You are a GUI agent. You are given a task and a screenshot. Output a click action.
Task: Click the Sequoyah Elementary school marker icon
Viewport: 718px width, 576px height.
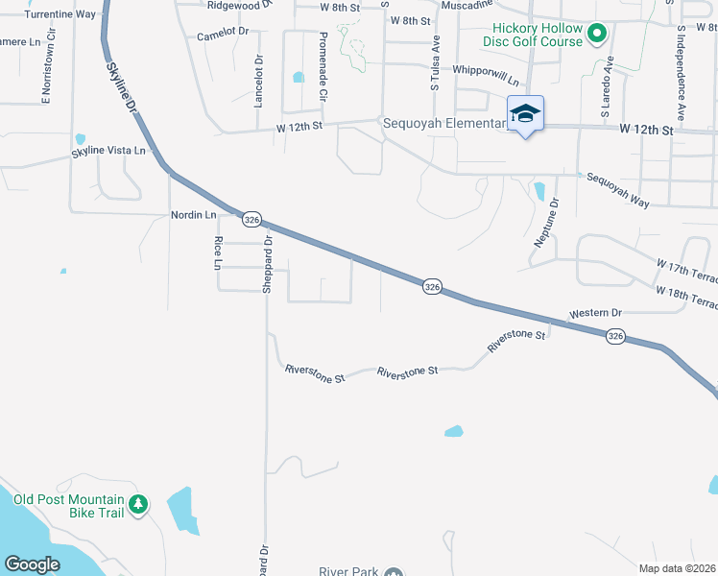click(x=525, y=114)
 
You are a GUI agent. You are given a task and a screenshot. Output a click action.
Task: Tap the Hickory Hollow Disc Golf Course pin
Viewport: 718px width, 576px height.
click(x=596, y=36)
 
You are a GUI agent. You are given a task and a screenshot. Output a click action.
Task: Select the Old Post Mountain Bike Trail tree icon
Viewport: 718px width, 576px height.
click(x=139, y=503)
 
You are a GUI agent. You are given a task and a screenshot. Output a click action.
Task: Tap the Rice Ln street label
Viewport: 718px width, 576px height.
click(x=218, y=252)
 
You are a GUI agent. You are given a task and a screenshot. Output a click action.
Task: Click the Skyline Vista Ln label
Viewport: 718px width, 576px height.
click(x=108, y=152)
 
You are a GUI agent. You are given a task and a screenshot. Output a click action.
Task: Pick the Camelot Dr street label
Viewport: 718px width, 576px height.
click(x=222, y=33)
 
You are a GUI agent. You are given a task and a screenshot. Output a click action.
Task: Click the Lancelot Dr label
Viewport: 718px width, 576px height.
click(x=258, y=81)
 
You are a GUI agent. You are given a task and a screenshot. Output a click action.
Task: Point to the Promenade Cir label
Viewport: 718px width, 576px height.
click(x=323, y=67)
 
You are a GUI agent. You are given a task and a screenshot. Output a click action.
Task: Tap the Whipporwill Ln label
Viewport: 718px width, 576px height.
click(x=485, y=71)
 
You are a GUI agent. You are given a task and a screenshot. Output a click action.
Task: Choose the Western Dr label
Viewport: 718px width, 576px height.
click(x=595, y=314)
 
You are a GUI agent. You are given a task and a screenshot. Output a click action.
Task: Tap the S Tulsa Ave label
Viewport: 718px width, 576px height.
click(x=435, y=60)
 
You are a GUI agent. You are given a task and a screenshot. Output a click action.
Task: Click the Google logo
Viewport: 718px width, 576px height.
click(x=32, y=564)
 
